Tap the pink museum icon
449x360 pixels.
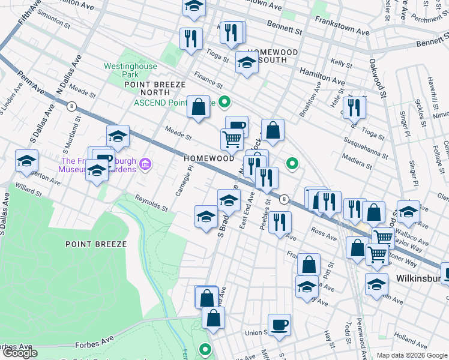145,164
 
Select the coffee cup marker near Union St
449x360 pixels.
279,325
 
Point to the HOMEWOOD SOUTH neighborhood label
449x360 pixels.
273,56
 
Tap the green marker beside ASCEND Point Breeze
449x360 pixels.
224,103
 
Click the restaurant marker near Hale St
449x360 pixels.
356,108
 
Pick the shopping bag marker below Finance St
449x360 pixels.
198,107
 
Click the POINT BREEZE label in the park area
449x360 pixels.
100,244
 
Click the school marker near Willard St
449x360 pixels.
27,161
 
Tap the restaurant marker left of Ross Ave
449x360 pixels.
279,223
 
